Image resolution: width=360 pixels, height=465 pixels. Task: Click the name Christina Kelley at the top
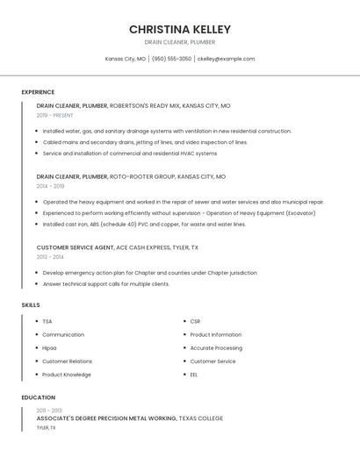coord(179,29)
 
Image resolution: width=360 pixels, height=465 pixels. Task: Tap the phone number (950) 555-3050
coord(171,59)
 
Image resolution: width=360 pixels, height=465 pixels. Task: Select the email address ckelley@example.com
coord(226,59)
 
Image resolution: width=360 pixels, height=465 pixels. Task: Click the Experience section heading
coord(38,92)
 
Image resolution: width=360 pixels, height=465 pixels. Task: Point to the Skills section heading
coord(31,305)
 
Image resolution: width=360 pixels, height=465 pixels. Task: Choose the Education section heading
coord(38,397)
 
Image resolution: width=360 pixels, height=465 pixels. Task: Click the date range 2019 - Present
coord(55,116)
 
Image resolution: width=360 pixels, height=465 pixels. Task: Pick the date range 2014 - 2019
coord(50,186)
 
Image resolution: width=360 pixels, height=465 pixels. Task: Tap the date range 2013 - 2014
coord(50,257)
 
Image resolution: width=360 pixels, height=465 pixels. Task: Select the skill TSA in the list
coord(47,321)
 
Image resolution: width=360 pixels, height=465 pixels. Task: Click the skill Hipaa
coord(50,347)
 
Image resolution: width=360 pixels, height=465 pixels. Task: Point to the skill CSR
coord(195,321)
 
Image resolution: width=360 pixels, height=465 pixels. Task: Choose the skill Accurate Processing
coord(216,347)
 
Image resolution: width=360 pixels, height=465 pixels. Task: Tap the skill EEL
coord(194,375)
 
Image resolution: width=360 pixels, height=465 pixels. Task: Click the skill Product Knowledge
coord(67,375)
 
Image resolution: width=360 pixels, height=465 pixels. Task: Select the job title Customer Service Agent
coord(76,247)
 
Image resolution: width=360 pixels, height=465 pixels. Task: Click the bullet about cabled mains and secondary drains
coord(145,142)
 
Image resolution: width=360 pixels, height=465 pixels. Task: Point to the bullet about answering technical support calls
coord(106,284)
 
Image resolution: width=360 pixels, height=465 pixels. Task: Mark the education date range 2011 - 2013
coord(49,411)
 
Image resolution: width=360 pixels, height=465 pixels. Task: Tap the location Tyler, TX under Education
coord(46,428)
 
